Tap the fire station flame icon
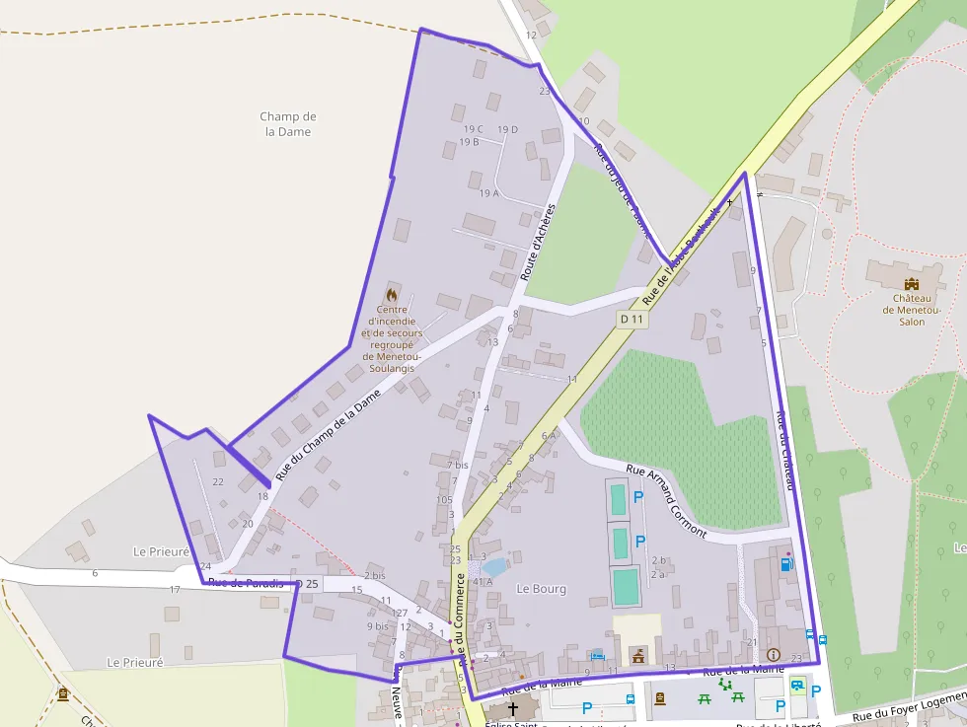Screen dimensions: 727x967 [392, 294]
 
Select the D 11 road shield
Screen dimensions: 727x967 [632, 319]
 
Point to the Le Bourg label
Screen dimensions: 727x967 [542, 589]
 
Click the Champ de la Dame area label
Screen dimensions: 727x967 [288, 124]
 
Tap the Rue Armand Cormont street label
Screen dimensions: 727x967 [667, 500]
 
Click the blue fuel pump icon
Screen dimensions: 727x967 [785, 565]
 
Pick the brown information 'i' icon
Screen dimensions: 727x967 [773, 654]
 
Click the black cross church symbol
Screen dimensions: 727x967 [512, 709]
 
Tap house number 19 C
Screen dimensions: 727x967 [473, 129]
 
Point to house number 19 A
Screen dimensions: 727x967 [488, 193]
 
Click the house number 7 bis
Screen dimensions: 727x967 [457, 464]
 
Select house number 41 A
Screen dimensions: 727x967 [482, 582]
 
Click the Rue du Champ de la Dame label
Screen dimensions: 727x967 [328, 435]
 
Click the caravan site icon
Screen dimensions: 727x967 [796, 685]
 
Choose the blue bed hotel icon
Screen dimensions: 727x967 [596, 654]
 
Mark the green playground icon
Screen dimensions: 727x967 [725, 683]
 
